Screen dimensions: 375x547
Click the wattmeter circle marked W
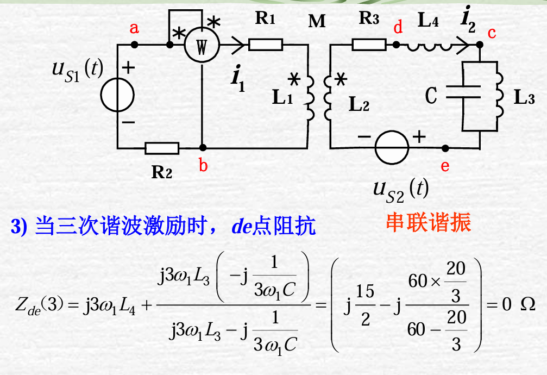(202, 48)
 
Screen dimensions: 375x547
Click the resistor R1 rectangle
(266, 44)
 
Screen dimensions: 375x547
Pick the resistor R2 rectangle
(162, 148)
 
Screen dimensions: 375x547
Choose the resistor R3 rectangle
(369, 44)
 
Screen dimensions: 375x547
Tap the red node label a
(134, 28)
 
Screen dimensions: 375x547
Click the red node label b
(203, 165)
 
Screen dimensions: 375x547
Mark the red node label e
(445, 166)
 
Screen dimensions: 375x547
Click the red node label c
(492, 33)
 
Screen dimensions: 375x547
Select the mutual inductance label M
(317, 21)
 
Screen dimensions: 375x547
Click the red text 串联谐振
(429, 222)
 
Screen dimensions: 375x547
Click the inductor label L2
(359, 104)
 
